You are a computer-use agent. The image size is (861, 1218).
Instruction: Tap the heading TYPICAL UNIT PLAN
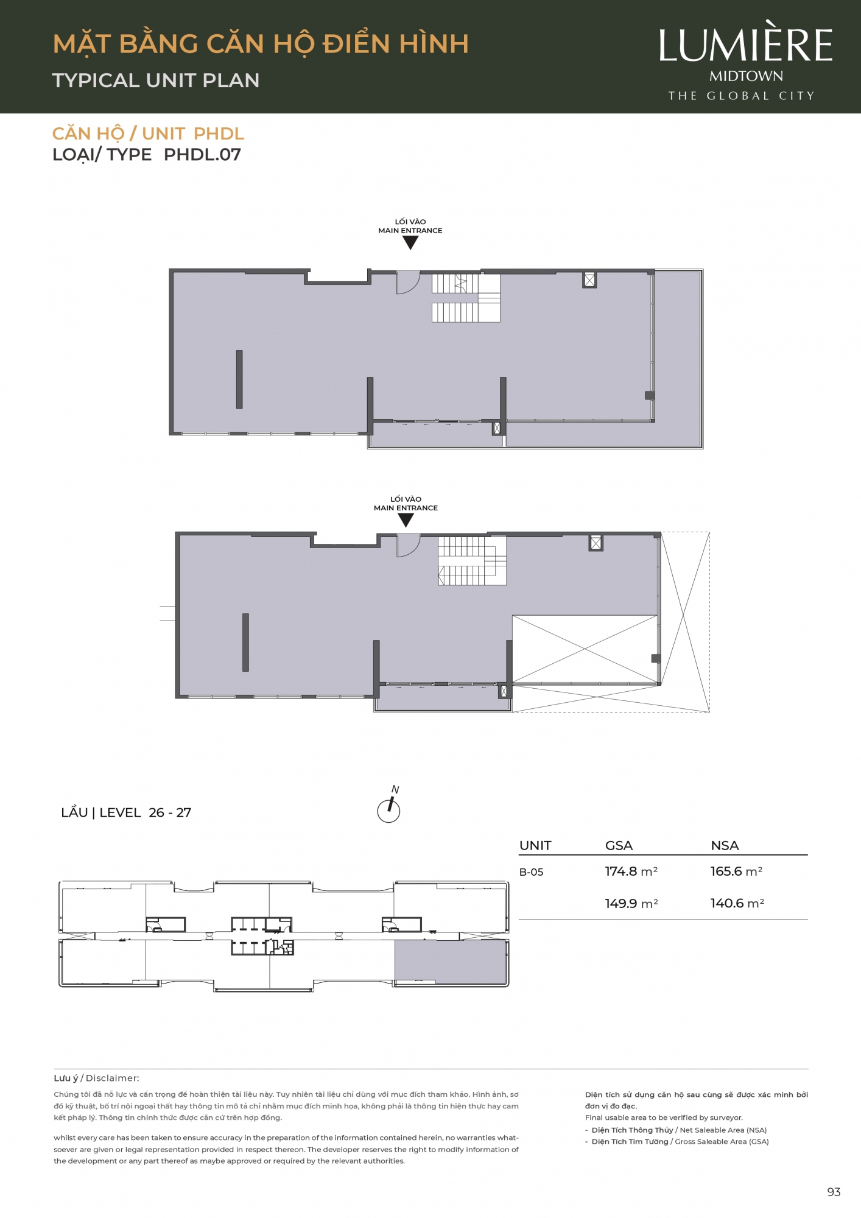click(x=156, y=80)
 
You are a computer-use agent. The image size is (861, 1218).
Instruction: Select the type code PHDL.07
click(x=202, y=155)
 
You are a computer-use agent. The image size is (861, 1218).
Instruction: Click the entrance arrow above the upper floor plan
click(x=410, y=242)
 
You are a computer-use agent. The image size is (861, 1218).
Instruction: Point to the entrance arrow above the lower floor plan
click(x=406, y=520)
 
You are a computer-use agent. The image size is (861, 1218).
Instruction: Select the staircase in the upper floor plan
click(x=466, y=298)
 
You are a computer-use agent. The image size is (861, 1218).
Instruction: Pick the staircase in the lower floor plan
click(x=472, y=561)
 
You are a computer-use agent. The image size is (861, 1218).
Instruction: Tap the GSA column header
click(x=619, y=845)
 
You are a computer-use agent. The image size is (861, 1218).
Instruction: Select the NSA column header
click(x=725, y=845)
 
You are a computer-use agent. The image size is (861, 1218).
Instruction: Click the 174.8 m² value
click(x=631, y=871)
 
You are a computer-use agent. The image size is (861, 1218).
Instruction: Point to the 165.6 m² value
click(x=737, y=871)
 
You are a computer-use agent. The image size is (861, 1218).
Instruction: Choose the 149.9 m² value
click(x=631, y=904)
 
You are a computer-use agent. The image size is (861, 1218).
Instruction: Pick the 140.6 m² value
click(x=737, y=904)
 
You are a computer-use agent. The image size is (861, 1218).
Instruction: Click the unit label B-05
click(x=531, y=872)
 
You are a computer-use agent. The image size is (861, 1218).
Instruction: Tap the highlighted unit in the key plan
click(x=451, y=962)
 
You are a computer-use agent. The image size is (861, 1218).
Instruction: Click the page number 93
click(x=834, y=1192)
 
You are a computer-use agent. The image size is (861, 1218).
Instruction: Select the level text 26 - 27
click(x=170, y=812)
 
